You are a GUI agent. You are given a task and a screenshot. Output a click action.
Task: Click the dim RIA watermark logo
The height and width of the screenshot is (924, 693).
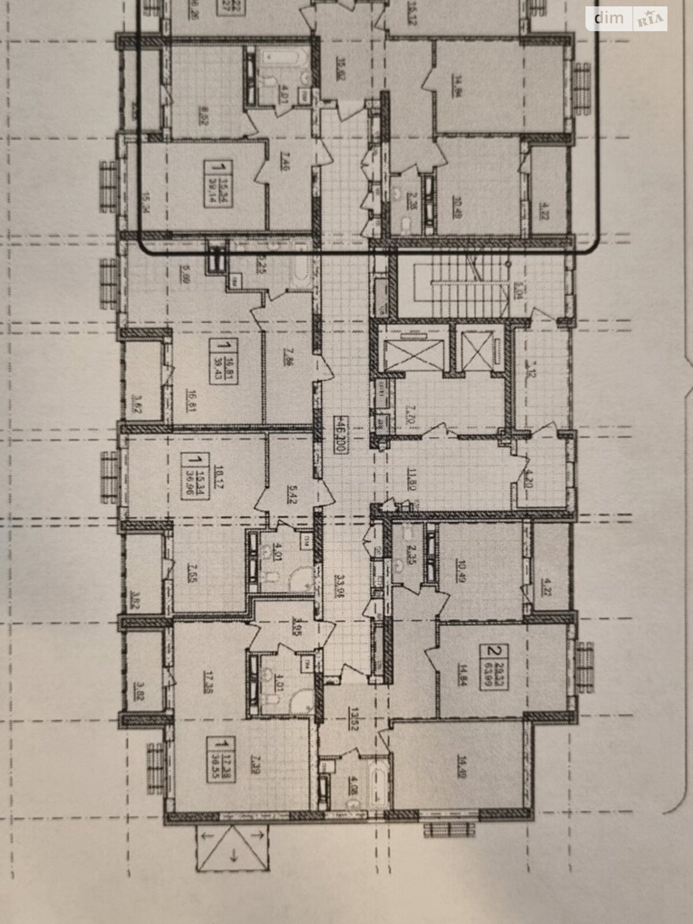[626, 19]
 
